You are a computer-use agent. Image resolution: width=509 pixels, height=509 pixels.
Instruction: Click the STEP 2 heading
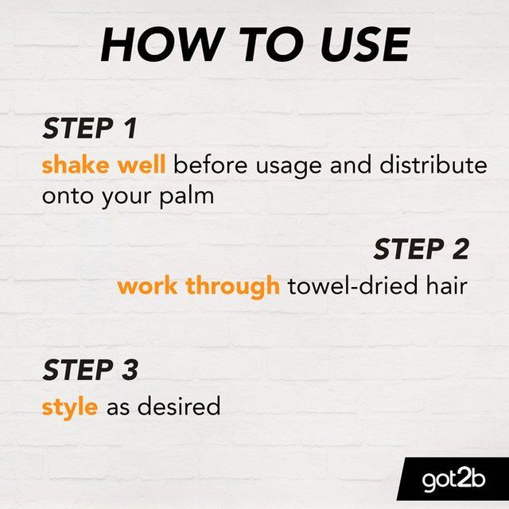pyautogui.click(x=421, y=249)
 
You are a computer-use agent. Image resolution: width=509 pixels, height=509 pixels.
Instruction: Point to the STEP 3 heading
pyautogui.click(x=90, y=370)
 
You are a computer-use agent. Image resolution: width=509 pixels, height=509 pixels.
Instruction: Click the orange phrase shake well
pyautogui.click(x=103, y=166)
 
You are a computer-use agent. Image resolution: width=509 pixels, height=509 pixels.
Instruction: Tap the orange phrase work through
pyautogui.click(x=198, y=286)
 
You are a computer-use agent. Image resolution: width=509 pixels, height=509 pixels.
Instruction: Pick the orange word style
pyautogui.click(x=70, y=407)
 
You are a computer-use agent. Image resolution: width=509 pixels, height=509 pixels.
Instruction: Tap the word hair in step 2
pyautogui.click(x=445, y=286)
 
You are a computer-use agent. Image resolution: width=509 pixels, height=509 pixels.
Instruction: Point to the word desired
pyautogui.click(x=179, y=407)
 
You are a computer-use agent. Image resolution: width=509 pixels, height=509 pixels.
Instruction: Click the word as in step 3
pyautogui.click(x=117, y=408)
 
